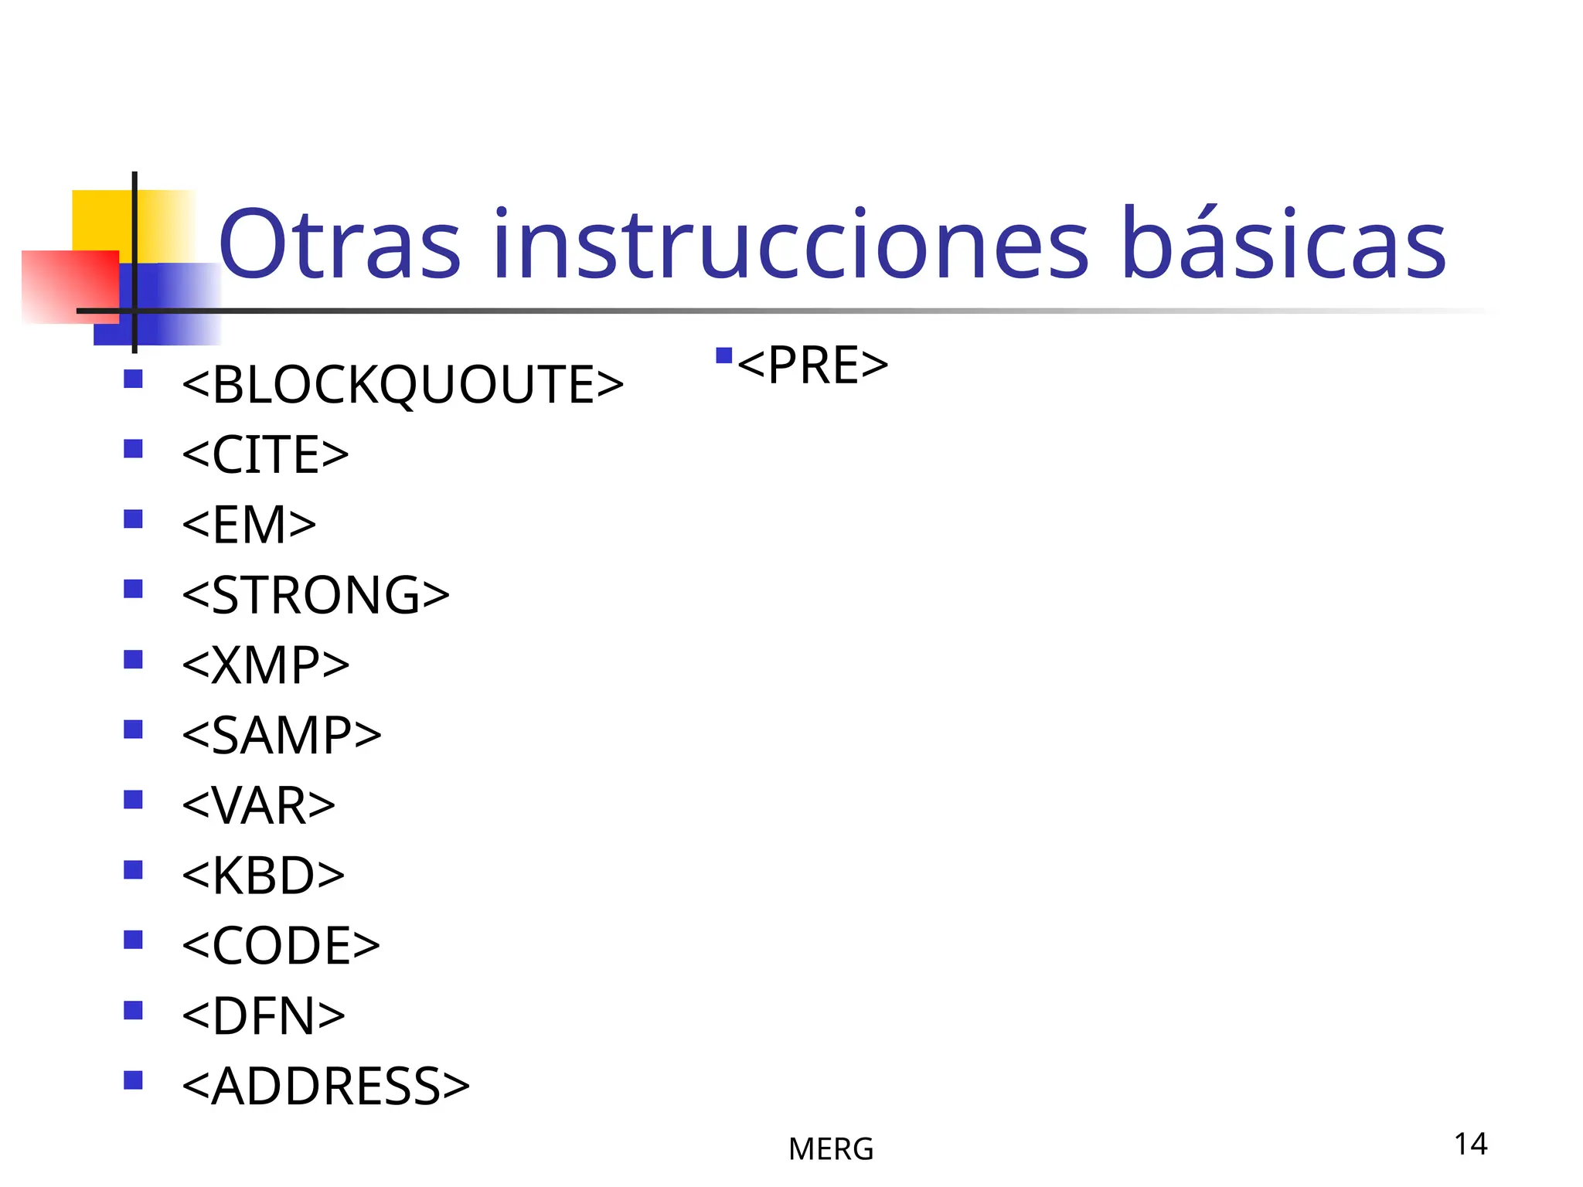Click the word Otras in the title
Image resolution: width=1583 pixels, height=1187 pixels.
340,246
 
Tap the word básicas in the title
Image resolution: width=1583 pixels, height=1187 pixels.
1283,246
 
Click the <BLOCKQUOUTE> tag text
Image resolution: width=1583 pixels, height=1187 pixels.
402,385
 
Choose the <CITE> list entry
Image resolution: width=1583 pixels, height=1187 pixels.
265,454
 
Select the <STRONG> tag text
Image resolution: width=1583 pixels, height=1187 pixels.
315,595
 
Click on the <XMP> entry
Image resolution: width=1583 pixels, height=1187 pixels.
265,665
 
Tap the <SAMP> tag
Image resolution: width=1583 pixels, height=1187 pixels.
281,735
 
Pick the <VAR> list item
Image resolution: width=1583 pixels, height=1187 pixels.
258,805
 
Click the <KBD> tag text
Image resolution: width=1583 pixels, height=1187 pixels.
263,876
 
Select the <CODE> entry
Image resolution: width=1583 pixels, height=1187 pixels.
281,945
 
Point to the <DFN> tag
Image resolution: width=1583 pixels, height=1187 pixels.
263,1015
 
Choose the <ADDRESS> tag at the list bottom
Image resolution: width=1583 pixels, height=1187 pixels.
325,1086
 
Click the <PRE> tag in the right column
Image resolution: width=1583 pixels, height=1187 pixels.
812,365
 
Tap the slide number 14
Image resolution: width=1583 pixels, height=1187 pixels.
1470,1144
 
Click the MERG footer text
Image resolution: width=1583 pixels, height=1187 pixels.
831,1149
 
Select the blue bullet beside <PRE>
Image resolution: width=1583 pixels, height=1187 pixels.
723,355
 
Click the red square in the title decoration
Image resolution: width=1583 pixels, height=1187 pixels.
70,286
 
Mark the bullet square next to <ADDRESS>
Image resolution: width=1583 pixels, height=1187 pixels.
133,1080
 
